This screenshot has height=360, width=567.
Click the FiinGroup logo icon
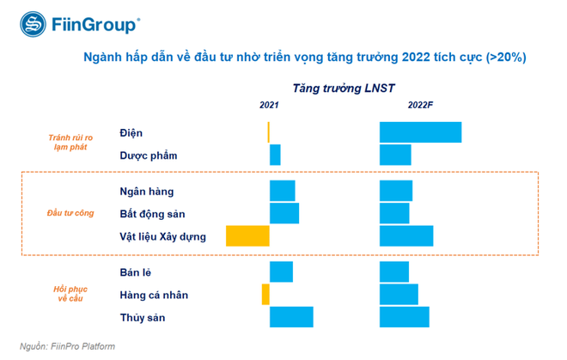(x=30, y=24)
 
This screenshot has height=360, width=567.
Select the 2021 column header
(x=269, y=105)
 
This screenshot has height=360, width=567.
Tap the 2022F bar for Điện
(x=420, y=132)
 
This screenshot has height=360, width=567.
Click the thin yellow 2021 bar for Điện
(x=268, y=132)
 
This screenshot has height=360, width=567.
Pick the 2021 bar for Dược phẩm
(x=275, y=156)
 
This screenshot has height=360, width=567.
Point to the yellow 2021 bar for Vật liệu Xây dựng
(x=247, y=236)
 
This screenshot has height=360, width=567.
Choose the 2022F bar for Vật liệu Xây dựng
(x=405, y=236)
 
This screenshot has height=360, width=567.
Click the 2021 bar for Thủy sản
(x=291, y=318)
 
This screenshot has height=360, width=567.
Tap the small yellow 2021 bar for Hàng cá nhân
(x=265, y=295)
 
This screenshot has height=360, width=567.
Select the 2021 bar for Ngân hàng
(x=282, y=191)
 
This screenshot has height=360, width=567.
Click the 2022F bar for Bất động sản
(x=394, y=213)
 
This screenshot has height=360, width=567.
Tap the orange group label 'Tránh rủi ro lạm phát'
(x=69, y=142)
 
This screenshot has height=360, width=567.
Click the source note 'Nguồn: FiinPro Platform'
(x=62, y=346)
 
